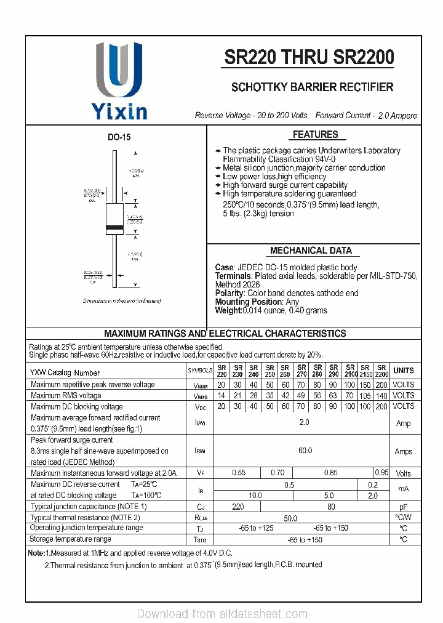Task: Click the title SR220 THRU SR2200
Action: click(309, 57)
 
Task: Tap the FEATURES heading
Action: click(314, 134)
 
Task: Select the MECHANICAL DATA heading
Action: click(311, 251)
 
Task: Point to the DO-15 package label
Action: click(119, 138)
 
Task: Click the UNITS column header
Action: click(403, 371)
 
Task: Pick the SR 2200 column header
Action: click(381, 371)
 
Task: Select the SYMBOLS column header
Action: click(200, 371)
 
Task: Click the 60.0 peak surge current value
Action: click(305, 451)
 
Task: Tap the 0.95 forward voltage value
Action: click(381, 473)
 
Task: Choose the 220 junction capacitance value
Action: click(238, 507)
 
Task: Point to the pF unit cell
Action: click(403, 507)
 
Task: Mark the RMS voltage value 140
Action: click(381, 396)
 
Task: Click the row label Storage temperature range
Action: click(71, 539)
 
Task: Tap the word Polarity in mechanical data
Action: click(229, 294)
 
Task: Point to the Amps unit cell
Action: click(403, 451)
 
